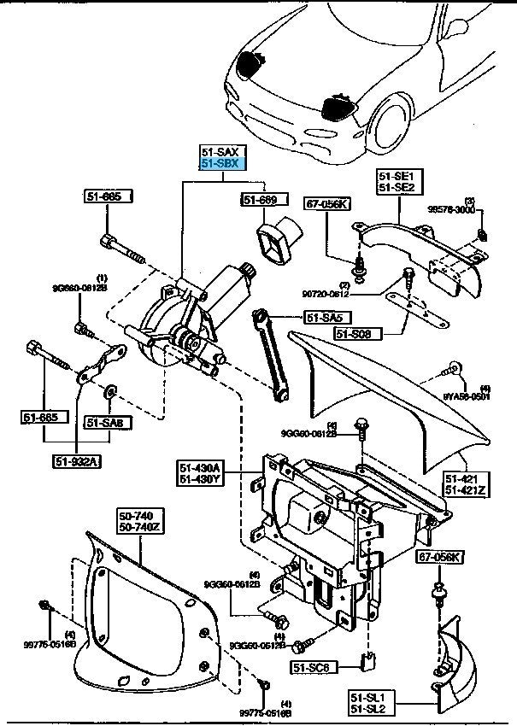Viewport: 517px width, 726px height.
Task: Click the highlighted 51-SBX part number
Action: pyautogui.click(x=221, y=163)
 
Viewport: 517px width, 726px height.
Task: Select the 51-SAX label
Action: pyautogui.click(x=221, y=151)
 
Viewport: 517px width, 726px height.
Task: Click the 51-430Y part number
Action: pyautogui.click(x=201, y=480)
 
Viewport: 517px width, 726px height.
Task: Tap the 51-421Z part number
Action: pyautogui.click(x=465, y=489)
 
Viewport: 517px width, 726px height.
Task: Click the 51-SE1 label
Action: pyautogui.click(x=396, y=175)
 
